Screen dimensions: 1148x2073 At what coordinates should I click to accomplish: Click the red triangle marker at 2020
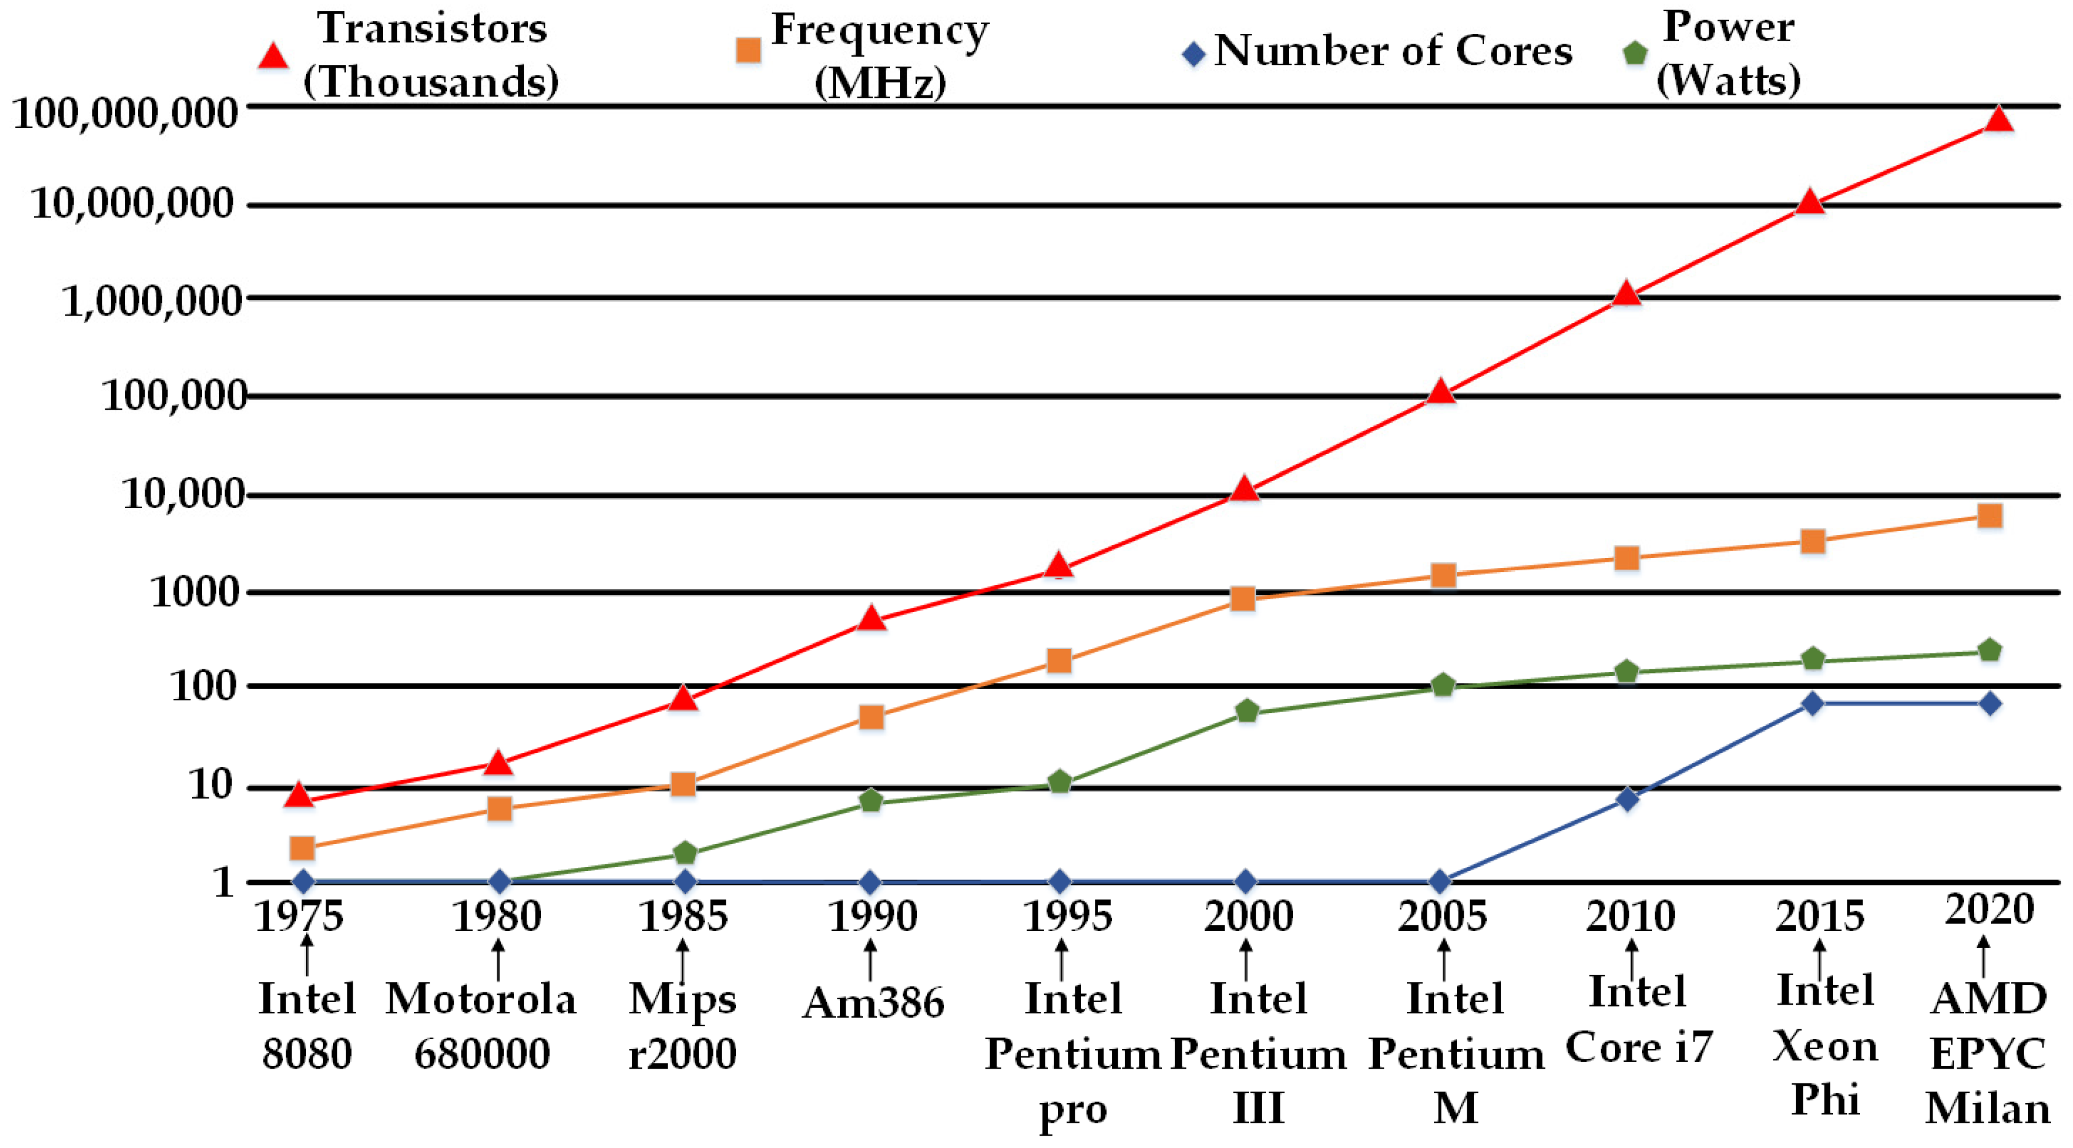click(1998, 120)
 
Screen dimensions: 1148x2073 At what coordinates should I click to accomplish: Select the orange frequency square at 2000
click(1243, 598)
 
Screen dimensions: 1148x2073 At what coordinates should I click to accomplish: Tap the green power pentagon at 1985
click(684, 852)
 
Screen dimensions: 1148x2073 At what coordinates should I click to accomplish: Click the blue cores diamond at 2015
click(1812, 703)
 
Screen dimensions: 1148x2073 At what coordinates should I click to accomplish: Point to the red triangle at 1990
click(871, 619)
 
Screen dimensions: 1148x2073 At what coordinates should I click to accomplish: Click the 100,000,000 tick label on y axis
click(126, 112)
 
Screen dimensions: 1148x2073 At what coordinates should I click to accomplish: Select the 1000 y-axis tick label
click(196, 593)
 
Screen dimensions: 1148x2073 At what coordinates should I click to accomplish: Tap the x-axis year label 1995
click(1068, 916)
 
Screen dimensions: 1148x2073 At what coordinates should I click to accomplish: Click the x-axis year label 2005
click(1442, 916)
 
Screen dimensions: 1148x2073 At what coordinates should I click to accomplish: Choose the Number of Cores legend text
click(1393, 52)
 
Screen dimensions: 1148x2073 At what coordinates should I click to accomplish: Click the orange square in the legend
click(748, 50)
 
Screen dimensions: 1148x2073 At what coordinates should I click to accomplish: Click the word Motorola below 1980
click(481, 1000)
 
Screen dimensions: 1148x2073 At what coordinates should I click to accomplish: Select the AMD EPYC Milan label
click(1987, 1054)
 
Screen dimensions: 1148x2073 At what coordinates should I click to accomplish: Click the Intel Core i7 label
click(1638, 1020)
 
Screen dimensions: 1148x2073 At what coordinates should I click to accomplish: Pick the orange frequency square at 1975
click(302, 847)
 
